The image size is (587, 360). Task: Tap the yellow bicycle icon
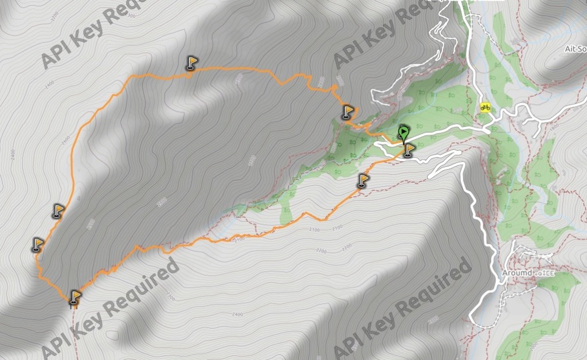click(486, 107)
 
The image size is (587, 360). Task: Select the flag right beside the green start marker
click(409, 150)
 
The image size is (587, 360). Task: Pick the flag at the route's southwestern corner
click(75, 297)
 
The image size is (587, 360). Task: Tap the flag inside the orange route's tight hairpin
click(348, 111)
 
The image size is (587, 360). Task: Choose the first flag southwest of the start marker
click(363, 181)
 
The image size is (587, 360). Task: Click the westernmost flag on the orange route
click(38, 245)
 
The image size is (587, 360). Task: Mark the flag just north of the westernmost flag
click(58, 210)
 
